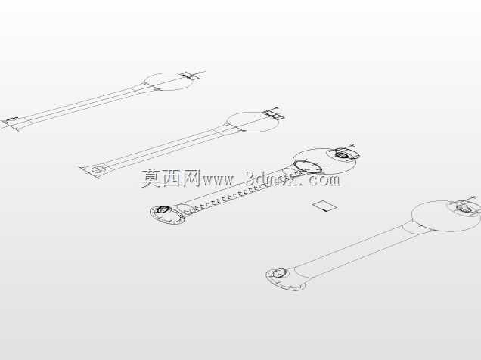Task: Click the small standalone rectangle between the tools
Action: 324,206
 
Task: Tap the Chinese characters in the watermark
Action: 171,178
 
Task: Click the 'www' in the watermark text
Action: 219,180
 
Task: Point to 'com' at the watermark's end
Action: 324,180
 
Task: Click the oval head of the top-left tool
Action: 169,82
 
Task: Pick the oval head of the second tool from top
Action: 253,123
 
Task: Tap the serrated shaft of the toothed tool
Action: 234,196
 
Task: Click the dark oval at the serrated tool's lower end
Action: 163,209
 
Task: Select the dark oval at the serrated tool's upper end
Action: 340,154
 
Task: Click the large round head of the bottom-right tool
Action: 445,216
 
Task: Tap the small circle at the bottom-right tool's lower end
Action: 279,272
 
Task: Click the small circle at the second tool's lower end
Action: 99,169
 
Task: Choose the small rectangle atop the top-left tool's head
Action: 190,76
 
